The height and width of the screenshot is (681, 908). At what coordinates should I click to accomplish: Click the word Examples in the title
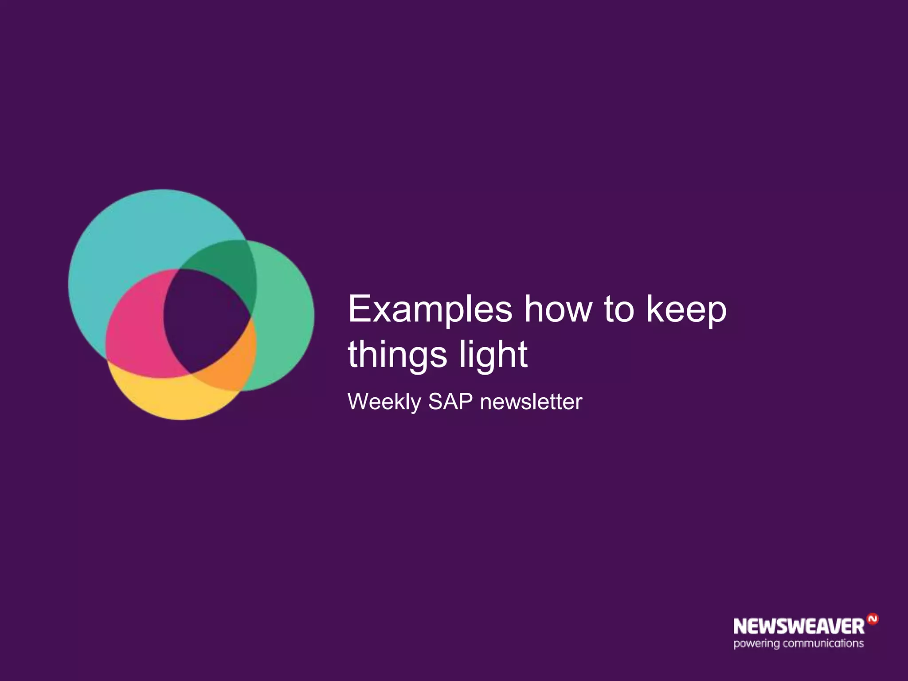pyautogui.click(x=430, y=309)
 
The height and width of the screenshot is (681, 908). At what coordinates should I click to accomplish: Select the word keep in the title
pyautogui.click(x=686, y=309)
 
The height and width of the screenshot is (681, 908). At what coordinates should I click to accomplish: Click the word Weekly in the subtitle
pyautogui.click(x=384, y=402)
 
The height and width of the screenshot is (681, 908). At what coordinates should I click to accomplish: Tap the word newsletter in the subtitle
pyautogui.click(x=531, y=402)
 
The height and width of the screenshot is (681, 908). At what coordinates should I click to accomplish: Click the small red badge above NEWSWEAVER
pyautogui.click(x=872, y=619)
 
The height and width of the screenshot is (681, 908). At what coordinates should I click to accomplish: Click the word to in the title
pyautogui.click(x=619, y=309)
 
